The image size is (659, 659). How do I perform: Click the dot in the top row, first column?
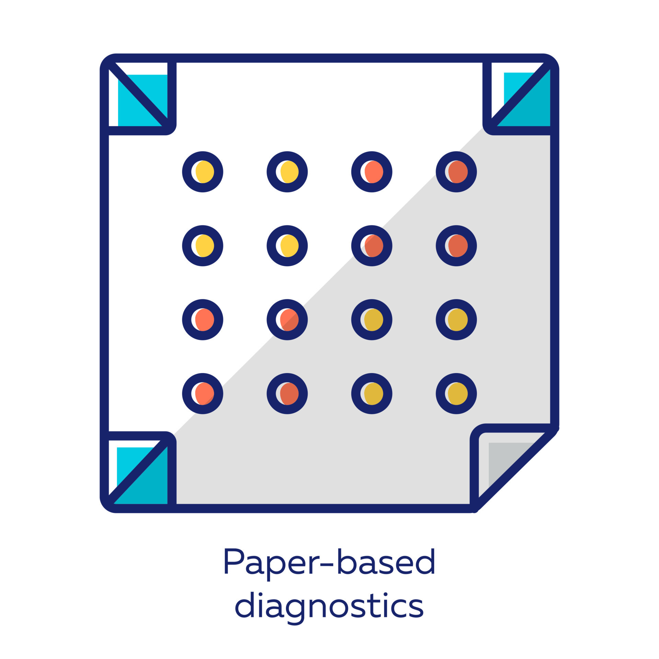(203, 172)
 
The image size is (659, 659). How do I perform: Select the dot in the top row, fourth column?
(456, 172)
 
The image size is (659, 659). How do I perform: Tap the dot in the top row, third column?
(372, 172)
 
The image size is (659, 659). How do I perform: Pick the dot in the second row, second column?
(287, 246)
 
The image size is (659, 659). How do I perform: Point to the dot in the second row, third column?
(372, 246)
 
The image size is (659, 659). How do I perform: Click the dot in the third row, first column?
(203, 320)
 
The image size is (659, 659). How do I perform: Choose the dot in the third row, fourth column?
(456, 320)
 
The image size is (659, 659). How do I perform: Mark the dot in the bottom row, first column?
(203, 393)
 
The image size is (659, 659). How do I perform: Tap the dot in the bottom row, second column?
(287, 393)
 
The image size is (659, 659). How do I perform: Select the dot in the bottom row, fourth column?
(456, 393)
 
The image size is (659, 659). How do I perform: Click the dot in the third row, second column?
(287, 320)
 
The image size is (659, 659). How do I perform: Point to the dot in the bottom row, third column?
(372, 393)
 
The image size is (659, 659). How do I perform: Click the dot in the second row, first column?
(203, 246)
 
